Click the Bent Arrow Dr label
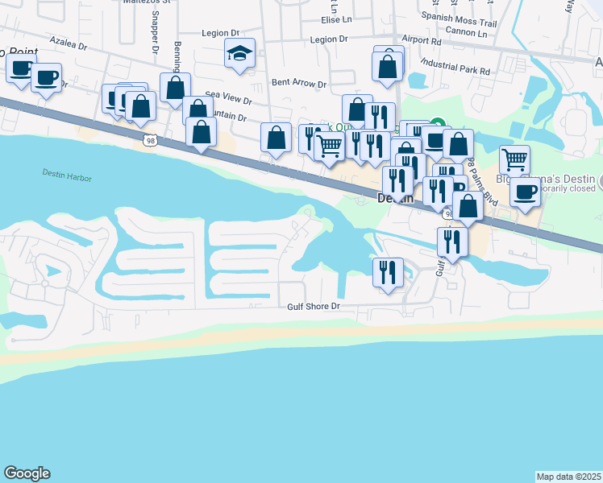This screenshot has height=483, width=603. [x=298, y=82]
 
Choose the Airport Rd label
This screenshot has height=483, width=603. [x=421, y=39]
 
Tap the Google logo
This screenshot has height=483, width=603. [x=27, y=473]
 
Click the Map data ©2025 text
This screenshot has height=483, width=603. [x=568, y=477]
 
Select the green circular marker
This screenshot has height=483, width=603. [x=436, y=125]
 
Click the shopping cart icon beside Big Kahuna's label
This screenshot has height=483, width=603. [x=514, y=160]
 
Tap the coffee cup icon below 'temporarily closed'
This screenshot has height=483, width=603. [x=525, y=192]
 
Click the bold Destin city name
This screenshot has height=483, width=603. [x=395, y=198]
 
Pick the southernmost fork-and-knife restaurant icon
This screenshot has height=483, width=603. [x=388, y=272]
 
